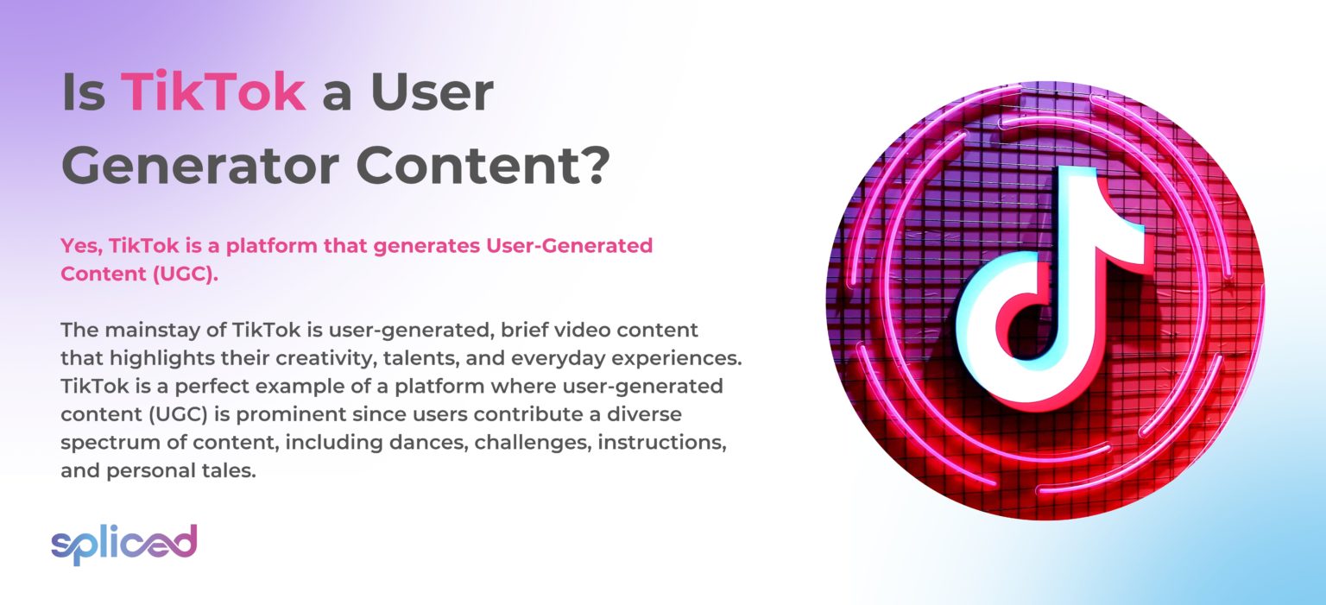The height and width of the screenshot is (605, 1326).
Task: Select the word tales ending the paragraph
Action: (x=230, y=471)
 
